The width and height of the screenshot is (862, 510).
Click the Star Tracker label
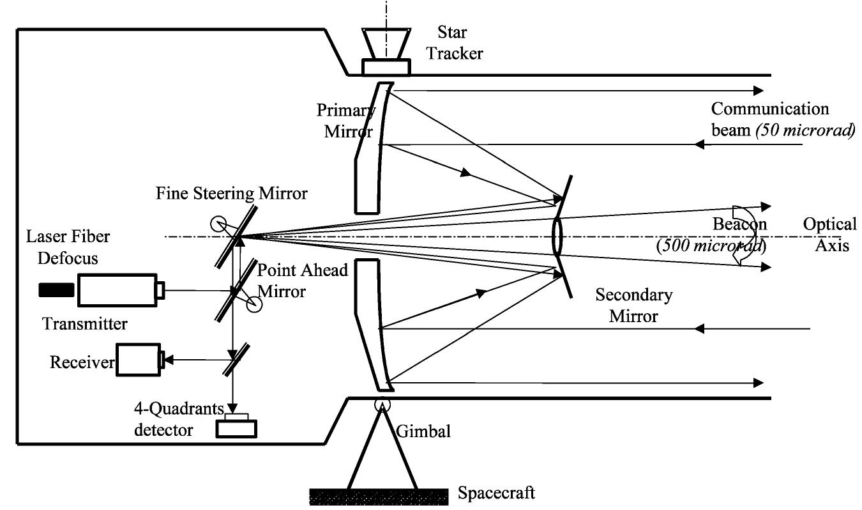point(455,41)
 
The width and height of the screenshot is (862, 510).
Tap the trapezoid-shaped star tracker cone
point(386,43)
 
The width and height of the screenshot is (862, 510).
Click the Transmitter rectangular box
point(117,290)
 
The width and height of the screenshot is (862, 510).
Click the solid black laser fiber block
point(56,290)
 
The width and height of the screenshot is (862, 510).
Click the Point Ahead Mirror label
point(302,281)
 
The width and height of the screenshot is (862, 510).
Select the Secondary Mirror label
point(633,305)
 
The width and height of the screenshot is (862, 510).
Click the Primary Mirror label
point(345,120)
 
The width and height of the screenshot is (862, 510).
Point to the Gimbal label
point(424,431)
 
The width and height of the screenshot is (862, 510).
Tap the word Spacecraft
point(496,493)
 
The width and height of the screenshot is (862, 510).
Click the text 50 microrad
point(805,132)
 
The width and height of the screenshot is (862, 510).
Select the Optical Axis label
point(829,235)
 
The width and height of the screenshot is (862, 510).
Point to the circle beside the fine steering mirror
point(217,224)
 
